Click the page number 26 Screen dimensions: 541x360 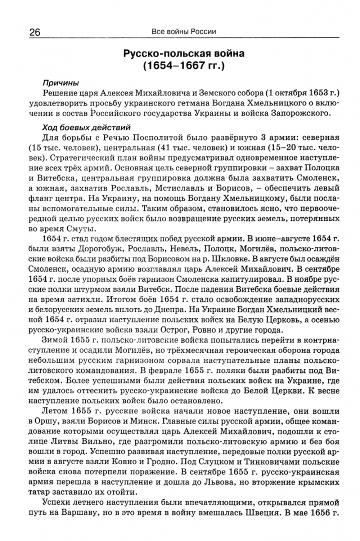click(x=32, y=32)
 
